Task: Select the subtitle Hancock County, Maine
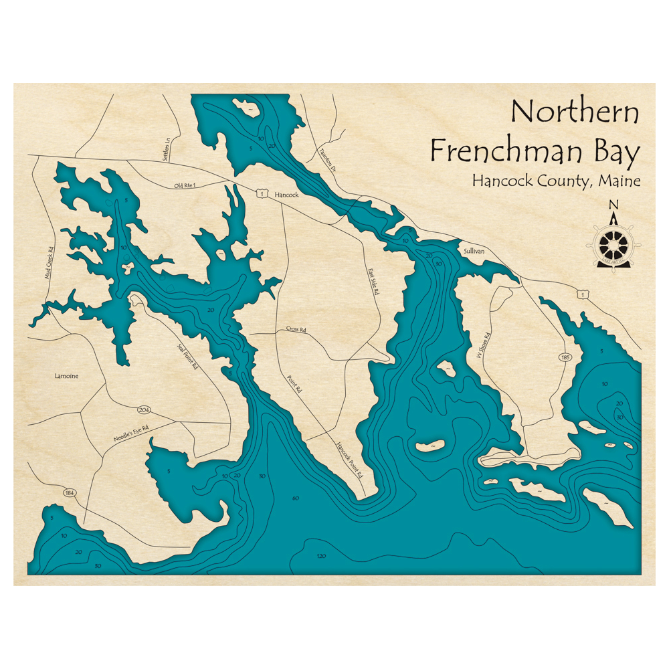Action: coord(555,181)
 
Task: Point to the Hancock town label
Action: coord(286,195)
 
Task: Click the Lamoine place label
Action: coord(66,376)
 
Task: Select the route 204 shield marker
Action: coord(143,409)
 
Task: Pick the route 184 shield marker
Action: coord(70,493)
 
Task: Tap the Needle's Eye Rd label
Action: coord(130,434)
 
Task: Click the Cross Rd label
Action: coord(296,329)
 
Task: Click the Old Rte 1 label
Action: coord(187,185)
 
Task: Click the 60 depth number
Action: coord(295,498)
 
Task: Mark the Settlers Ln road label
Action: coord(168,147)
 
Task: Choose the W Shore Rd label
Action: coord(484,345)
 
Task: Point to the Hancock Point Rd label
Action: coord(349,460)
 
